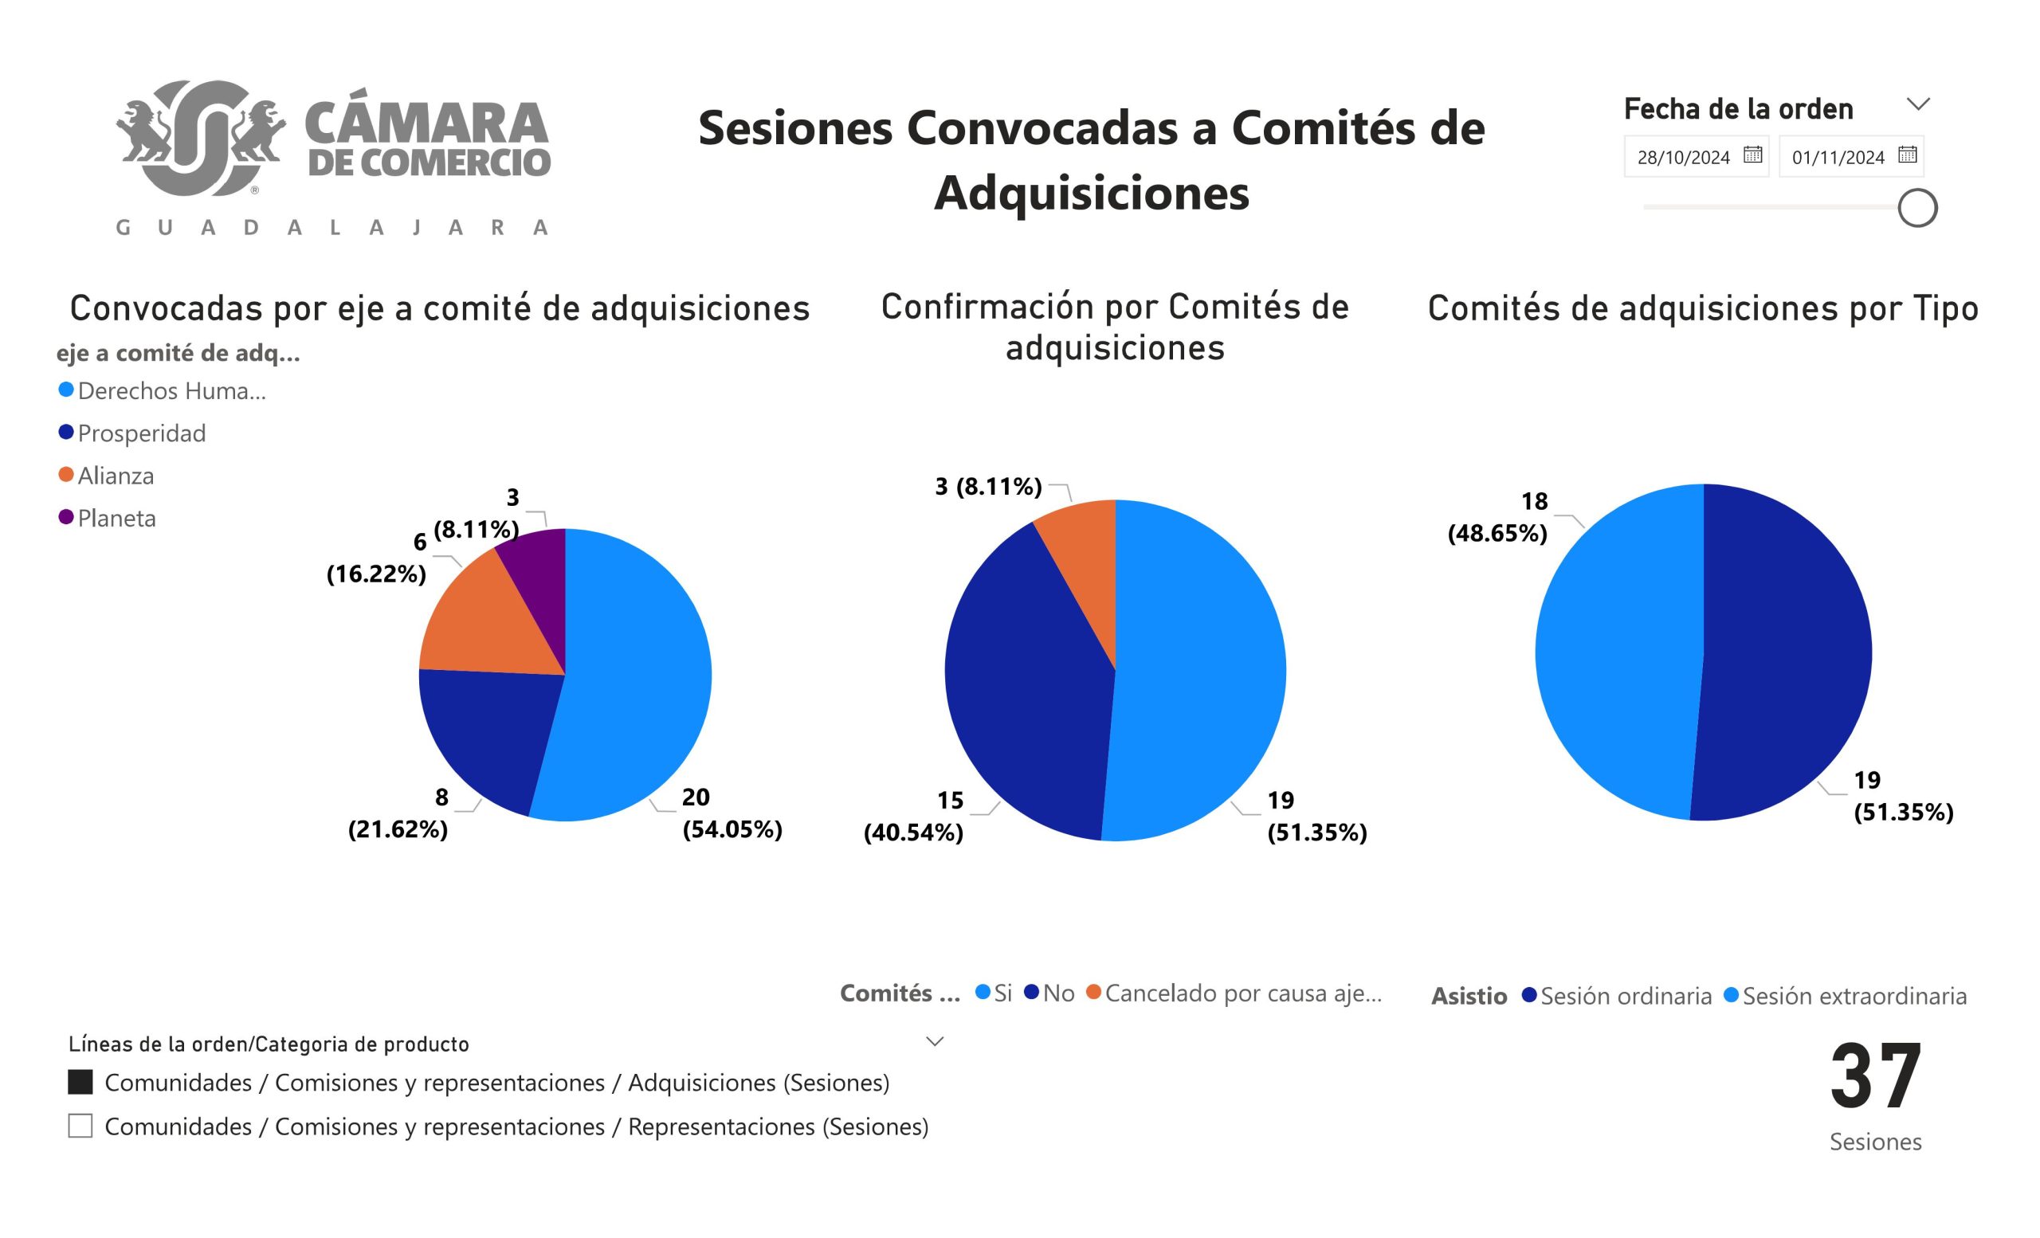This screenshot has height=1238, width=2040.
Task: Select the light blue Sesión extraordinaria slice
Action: click(1614, 654)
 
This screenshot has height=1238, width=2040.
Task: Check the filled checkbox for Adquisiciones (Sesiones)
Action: click(80, 1083)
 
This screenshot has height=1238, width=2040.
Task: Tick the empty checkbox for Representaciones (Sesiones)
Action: click(80, 1126)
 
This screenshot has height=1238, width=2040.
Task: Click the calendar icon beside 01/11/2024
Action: click(1908, 155)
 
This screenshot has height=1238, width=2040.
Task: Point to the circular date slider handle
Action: click(1917, 208)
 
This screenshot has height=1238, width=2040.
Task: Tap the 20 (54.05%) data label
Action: click(731, 813)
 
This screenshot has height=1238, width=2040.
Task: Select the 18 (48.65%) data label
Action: click(1499, 517)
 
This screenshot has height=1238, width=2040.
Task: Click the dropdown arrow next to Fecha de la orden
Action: click(1918, 104)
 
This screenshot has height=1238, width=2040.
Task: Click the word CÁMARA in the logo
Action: click(426, 124)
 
